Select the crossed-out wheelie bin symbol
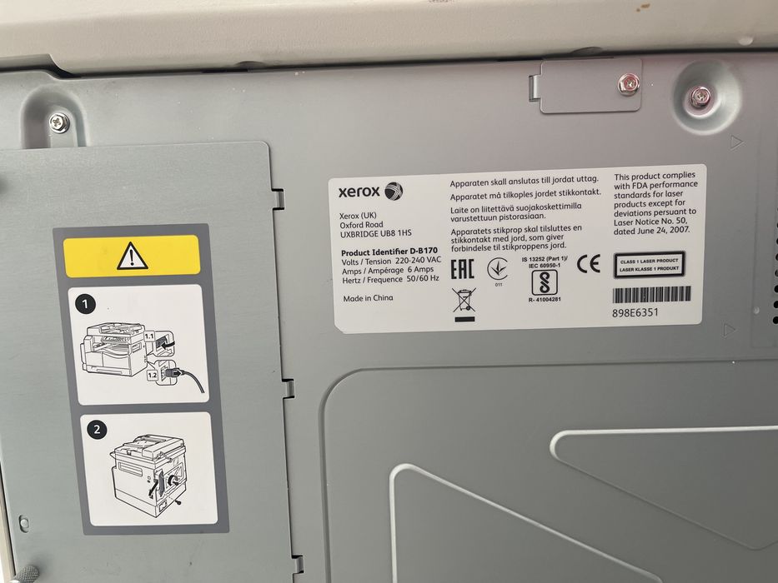click(463, 302)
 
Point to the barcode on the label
click(652, 294)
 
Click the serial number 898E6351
click(635, 313)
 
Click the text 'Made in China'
click(367, 298)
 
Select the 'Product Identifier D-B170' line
click(389, 252)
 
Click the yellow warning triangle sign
click(133, 255)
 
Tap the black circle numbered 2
click(98, 430)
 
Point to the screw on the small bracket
click(626, 83)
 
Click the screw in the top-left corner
click(58, 122)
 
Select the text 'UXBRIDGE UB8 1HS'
click(375, 236)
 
